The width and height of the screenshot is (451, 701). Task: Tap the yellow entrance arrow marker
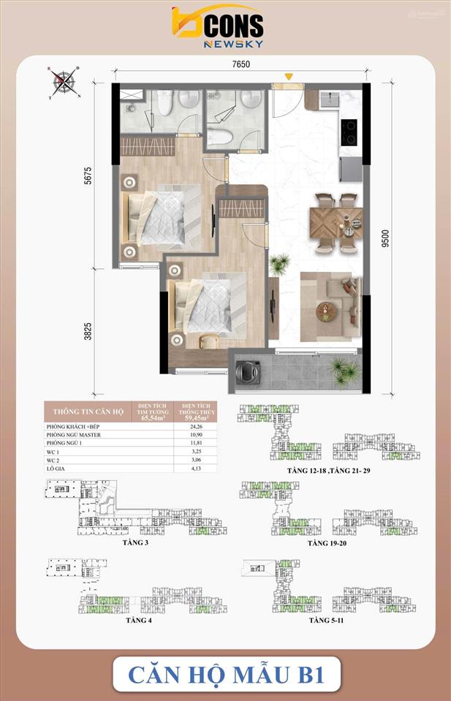289,75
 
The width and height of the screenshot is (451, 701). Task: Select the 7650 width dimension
241,64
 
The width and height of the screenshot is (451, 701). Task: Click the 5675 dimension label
88,179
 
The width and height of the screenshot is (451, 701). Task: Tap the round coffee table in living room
327,311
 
